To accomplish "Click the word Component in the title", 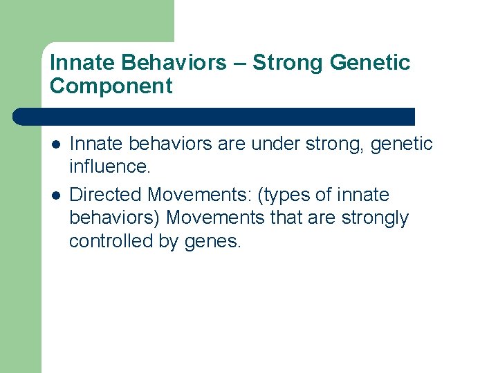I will (111, 86).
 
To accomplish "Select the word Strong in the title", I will (288, 63).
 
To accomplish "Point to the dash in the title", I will (239, 63).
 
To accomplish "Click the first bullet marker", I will (55, 144).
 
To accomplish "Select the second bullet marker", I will (55, 195).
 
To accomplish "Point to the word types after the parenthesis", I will (286, 195).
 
